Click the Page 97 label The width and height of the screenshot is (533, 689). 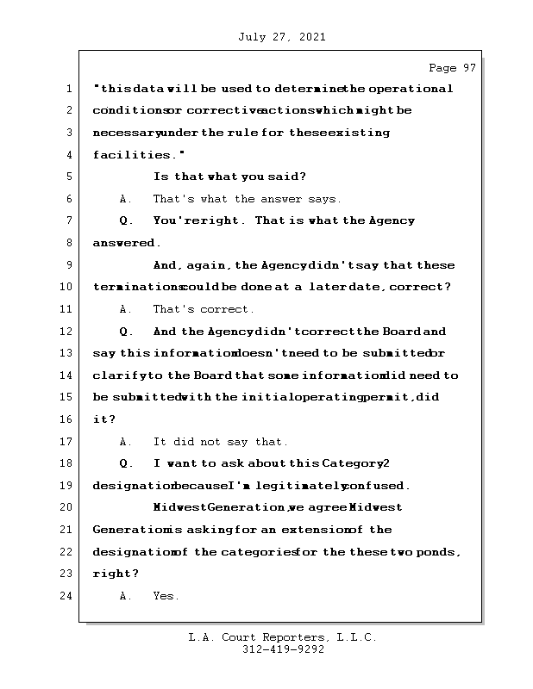[452, 68]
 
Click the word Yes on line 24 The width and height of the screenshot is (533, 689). [166, 596]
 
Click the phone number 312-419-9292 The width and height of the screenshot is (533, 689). [283, 650]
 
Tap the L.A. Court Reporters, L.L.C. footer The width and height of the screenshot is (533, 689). [283, 637]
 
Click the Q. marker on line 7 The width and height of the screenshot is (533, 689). [126, 221]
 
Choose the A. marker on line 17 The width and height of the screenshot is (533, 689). [126, 442]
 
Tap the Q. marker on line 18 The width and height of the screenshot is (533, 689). [126, 463]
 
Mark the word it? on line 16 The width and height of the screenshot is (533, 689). [103, 419]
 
